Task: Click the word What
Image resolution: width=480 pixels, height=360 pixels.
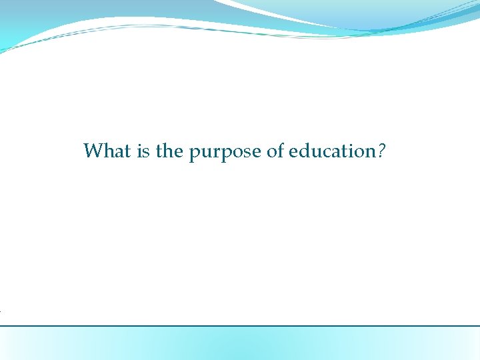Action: [x=107, y=151]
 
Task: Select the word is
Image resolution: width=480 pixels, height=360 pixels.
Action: [x=143, y=151]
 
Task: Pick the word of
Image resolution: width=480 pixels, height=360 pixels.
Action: [x=275, y=151]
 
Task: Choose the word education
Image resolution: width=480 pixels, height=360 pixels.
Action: [x=332, y=151]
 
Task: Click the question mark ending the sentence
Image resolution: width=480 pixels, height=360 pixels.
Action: [x=381, y=151]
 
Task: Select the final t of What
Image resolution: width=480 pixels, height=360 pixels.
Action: [x=128, y=152]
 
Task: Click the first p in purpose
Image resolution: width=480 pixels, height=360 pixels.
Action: [x=194, y=154]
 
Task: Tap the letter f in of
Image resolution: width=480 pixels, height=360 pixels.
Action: [x=281, y=151]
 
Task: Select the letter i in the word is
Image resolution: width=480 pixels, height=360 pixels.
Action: [x=139, y=151]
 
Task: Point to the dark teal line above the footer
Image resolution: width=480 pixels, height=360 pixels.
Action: [x=240, y=326]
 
